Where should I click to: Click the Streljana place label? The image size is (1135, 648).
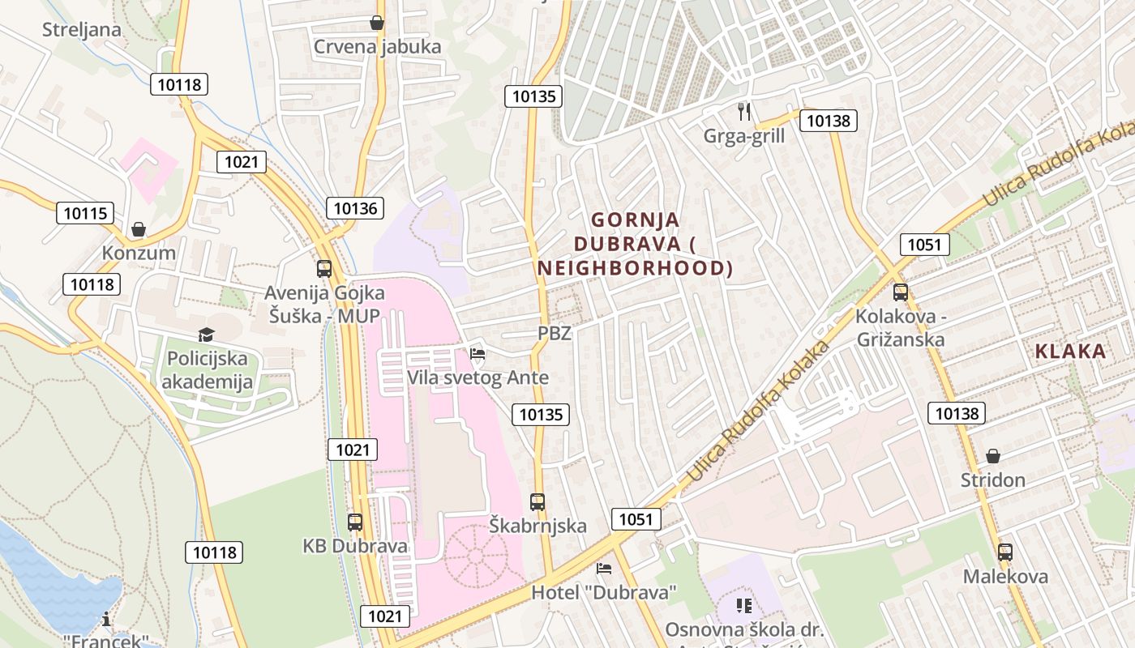pyautogui.click(x=82, y=30)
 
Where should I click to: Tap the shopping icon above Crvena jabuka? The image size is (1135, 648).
pyautogui.click(x=377, y=23)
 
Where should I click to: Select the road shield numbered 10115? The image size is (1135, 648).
pyautogui.click(x=85, y=214)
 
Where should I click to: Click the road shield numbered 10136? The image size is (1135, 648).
pyautogui.click(x=355, y=208)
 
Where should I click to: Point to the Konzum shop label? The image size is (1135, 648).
pyautogui.click(x=139, y=253)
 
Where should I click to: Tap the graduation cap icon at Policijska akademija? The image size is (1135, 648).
pyautogui.click(x=206, y=335)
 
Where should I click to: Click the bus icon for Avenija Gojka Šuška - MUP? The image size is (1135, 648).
pyautogui.click(x=324, y=269)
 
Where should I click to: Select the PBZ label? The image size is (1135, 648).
pyautogui.click(x=555, y=333)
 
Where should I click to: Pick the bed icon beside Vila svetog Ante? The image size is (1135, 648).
pyautogui.click(x=478, y=354)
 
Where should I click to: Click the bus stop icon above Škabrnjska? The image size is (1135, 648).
pyautogui.click(x=538, y=502)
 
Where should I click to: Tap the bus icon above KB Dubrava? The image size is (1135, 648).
pyautogui.click(x=355, y=522)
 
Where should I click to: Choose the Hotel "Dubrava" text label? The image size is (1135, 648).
pyautogui.click(x=604, y=593)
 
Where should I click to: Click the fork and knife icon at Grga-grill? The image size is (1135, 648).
pyautogui.click(x=744, y=112)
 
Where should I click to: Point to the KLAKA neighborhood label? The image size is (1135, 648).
pyautogui.click(x=1070, y=352)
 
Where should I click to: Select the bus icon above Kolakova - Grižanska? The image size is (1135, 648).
pyautogui.click(x=900, y=292)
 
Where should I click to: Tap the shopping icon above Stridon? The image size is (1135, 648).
pyautogui.click(x=993, y=457)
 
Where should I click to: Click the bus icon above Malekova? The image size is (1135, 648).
pyautogui.click(x=1005, y=552)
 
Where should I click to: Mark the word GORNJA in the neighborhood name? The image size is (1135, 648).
pyautogui.click(x=636, y=220)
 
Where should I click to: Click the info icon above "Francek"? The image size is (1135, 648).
pyautogui.click(x=107, y=620)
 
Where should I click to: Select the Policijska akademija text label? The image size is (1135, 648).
pyautogui.click(x=208, y=370)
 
